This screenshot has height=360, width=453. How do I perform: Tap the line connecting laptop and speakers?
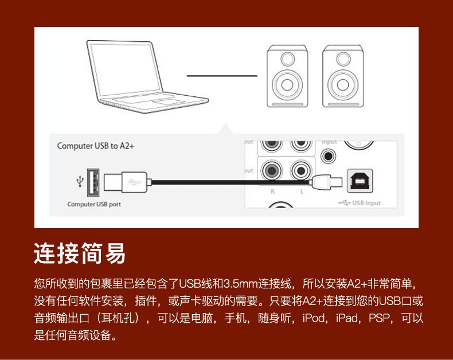[222, 75]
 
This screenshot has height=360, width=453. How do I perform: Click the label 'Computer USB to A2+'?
[95, 146]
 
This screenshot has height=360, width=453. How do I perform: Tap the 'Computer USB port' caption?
[94, 204]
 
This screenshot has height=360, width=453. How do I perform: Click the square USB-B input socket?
[360, 181]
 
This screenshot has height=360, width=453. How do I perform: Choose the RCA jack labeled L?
[301, 170]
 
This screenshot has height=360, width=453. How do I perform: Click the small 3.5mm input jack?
[329, 155]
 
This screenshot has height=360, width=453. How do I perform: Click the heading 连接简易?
[80, 253]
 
